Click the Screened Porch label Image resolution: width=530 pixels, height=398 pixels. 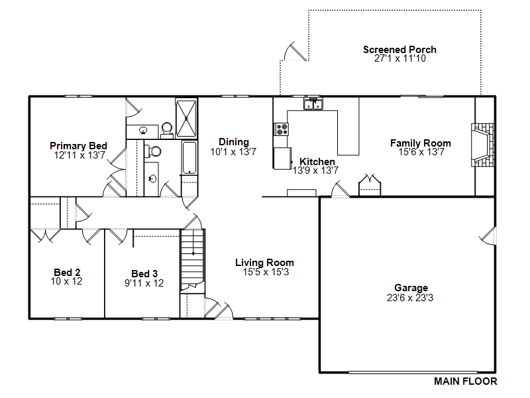point(399,50)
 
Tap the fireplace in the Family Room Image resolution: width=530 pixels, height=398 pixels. point(483,145)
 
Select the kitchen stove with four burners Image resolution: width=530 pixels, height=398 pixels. point(281,129)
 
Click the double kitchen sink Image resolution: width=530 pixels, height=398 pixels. point(313,104)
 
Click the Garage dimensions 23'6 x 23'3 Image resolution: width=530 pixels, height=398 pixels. point(410,298)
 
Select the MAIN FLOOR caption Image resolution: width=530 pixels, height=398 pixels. point(466,381)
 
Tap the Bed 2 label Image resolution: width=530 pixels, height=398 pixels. point(67,273)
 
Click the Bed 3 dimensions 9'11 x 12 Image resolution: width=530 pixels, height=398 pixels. point(144,283)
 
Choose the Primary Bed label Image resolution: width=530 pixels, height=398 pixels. point(78,146)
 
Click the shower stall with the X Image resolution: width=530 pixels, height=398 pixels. point(186,118)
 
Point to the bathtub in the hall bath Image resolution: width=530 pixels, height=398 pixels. point(189,158)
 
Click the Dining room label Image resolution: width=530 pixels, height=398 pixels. point(234,142)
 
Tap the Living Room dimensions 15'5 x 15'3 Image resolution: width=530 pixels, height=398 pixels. point(266,272)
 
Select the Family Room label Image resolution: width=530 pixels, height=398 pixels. point(421,143)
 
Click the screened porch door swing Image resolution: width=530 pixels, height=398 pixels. point(295,52)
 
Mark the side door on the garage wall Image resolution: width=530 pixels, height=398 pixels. point(488,235)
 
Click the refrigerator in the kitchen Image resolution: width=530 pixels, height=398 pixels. point(282,158)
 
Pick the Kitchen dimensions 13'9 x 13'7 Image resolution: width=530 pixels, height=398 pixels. point(315,170)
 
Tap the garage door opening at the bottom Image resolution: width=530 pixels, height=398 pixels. point(413,372)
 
